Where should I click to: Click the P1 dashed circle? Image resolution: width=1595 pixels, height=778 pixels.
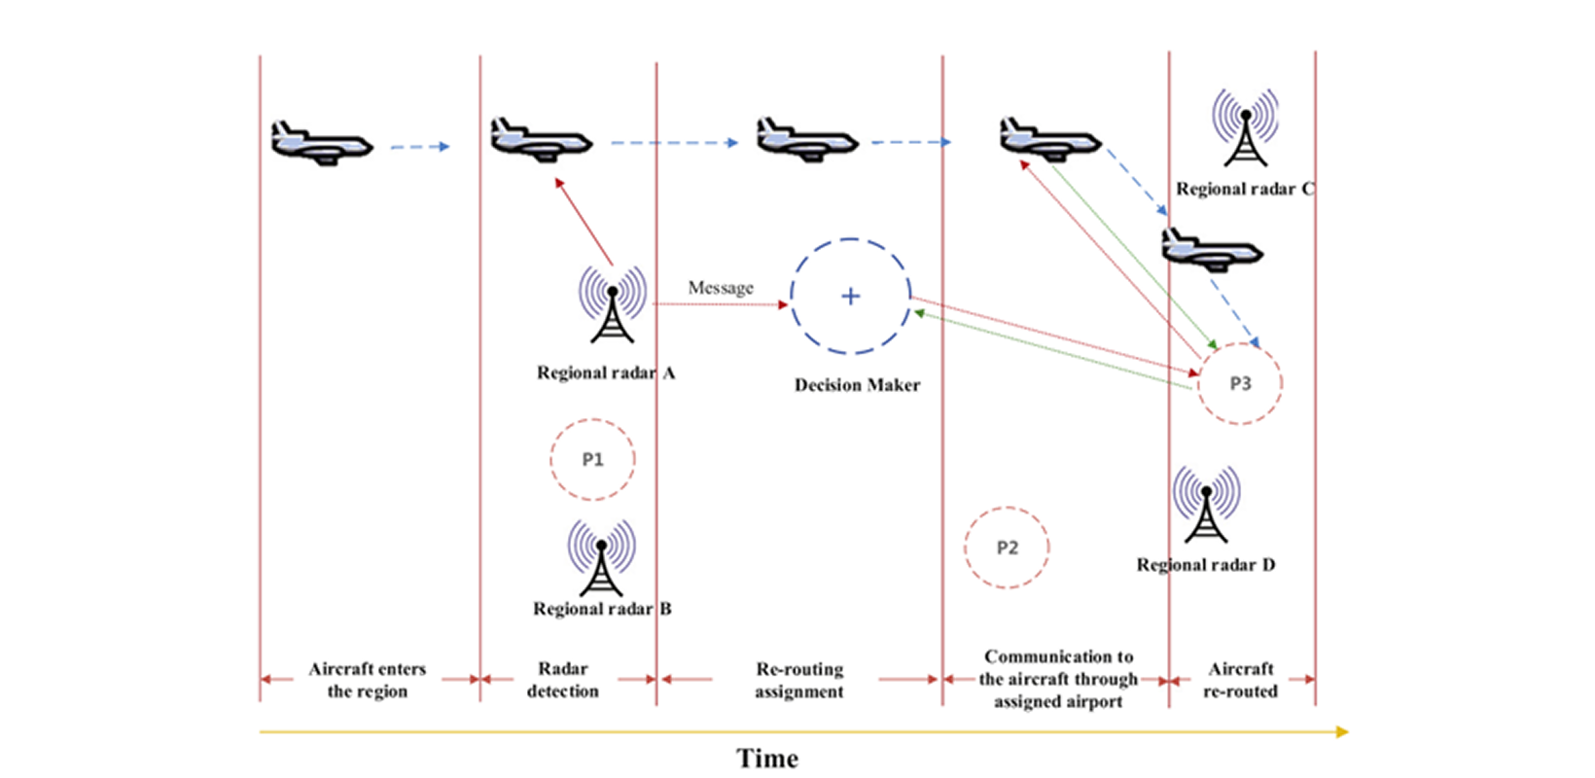592,460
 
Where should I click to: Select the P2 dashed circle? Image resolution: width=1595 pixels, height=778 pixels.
1007,548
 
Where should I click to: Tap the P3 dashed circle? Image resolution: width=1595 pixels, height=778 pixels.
1240,383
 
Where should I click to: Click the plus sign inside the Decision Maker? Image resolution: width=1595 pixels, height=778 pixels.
851,297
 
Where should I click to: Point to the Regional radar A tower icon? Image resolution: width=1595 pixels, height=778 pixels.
613,303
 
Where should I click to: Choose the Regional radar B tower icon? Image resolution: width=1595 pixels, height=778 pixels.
602,557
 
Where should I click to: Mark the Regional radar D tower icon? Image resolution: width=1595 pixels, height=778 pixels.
1206,504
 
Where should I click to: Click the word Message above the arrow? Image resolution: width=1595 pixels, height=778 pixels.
721,288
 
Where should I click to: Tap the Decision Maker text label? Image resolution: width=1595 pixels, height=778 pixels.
857,385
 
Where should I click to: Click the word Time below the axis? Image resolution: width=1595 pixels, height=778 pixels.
767,759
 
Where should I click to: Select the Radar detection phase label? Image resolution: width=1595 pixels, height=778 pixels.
563,680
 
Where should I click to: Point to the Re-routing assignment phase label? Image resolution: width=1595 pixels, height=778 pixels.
799,680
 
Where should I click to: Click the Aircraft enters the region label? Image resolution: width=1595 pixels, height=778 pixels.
368,680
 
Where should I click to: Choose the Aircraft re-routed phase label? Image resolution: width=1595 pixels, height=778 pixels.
1241,680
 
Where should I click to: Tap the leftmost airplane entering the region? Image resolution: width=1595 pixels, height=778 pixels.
321,143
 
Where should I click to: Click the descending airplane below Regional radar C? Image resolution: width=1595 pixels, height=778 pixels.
1212,250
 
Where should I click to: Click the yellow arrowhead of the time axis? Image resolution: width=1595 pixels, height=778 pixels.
1342,731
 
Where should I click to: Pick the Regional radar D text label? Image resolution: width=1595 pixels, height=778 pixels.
1206,565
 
